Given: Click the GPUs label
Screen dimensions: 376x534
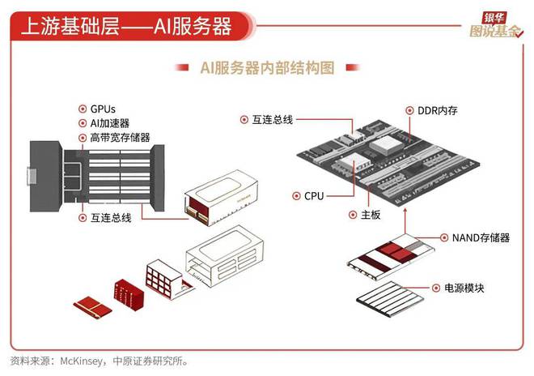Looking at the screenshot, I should (104, 109).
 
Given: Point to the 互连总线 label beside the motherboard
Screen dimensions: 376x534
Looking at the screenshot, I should (272, 119).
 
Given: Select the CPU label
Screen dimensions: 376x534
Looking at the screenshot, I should (315, 196).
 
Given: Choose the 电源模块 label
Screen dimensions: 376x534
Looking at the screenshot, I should (464, 288).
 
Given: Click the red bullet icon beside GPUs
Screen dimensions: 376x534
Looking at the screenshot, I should (82, 109).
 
